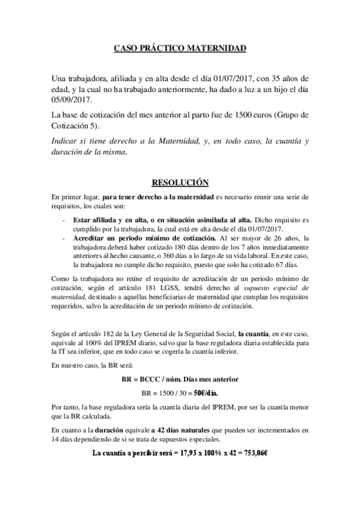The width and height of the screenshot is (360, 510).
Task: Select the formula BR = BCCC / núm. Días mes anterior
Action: pyautogui.click(x=180, y=379)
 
